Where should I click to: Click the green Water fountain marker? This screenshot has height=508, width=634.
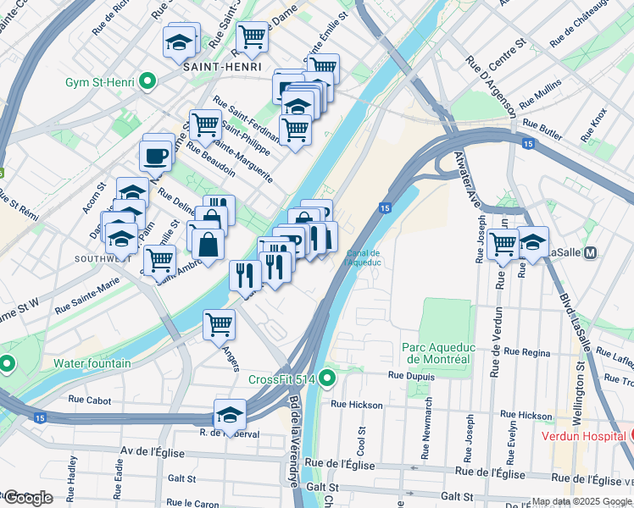coord(8,364)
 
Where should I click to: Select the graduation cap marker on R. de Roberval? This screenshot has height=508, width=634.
coord(229,414)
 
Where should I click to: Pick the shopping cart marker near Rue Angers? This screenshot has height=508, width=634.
coord(219,323)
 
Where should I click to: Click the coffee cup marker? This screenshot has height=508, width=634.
coord(156,156)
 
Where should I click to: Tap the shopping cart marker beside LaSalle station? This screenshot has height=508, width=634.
coord(503,243)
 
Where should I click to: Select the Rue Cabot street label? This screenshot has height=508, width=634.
coord(89,399)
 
